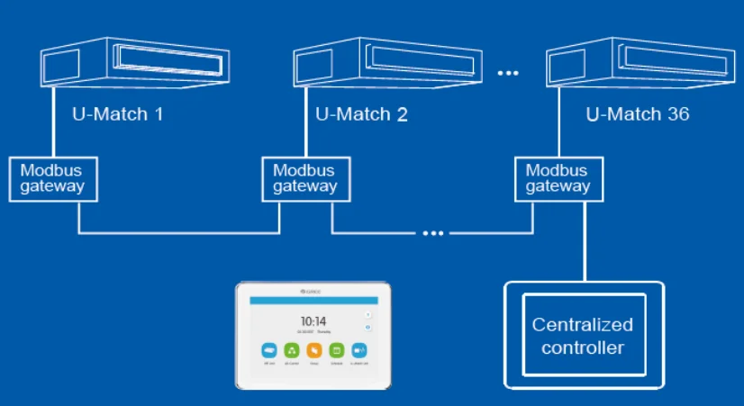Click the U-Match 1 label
click(x=117, y=114)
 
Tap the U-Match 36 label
click(x=638, y=114)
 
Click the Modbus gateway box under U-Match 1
click(x=52, y=178)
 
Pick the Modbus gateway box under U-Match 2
click(x=304, y=178)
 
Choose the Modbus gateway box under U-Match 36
click(x=558, y=178)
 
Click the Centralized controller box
click(x=583, y=335)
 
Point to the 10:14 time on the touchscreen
click(x=313, y=320)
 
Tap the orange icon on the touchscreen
click(x=313, y=349)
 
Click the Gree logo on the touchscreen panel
click(x=313, y=290)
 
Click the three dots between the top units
click(x=509, y=71)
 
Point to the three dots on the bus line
click(x=433, y=233)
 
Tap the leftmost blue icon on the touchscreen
click(x=268, y=349)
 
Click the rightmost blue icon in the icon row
click(x=358, y=349)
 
